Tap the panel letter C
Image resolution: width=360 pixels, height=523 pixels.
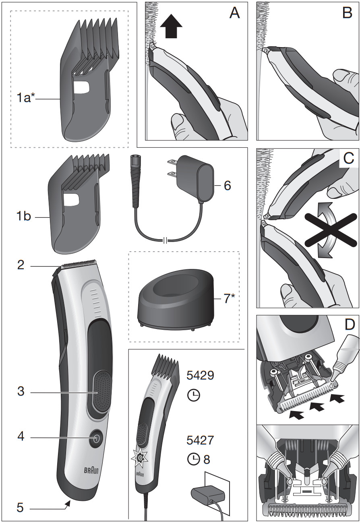348,159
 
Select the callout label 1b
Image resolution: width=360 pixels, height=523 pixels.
23,217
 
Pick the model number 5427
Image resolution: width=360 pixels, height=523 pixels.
200,440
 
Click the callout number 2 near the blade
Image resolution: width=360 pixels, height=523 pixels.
21,265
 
